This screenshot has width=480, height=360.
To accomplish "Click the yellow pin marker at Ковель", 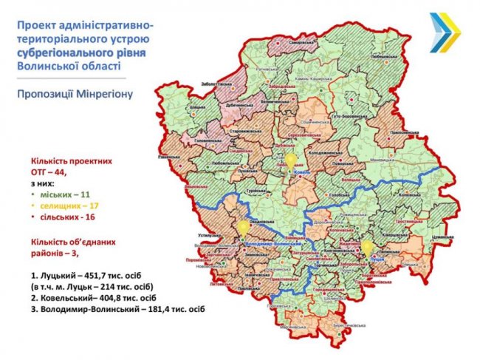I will tap(291, 160).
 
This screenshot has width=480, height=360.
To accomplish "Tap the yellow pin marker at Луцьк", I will tap(366, 246).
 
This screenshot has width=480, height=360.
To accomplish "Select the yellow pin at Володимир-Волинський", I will tap(242, 226).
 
